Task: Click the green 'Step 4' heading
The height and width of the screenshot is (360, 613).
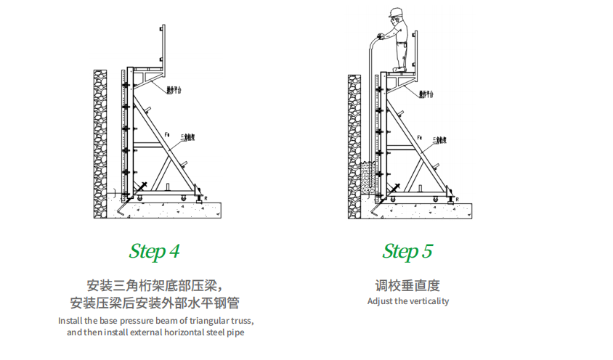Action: pyautogui.click(x=154, y=252)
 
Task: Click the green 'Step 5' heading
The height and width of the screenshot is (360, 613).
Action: pyautogui.click(x=407, y=252)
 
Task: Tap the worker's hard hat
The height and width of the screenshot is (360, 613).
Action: pyautogui.click(x=396, y=12)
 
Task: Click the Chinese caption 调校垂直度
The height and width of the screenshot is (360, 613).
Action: pyautogui.click(x=407, y=285)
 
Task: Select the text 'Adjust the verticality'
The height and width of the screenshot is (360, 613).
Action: pyautogui.click(x=407, y=301)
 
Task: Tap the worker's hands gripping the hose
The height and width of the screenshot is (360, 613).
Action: pyautogui.click(x=382, y=36)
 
